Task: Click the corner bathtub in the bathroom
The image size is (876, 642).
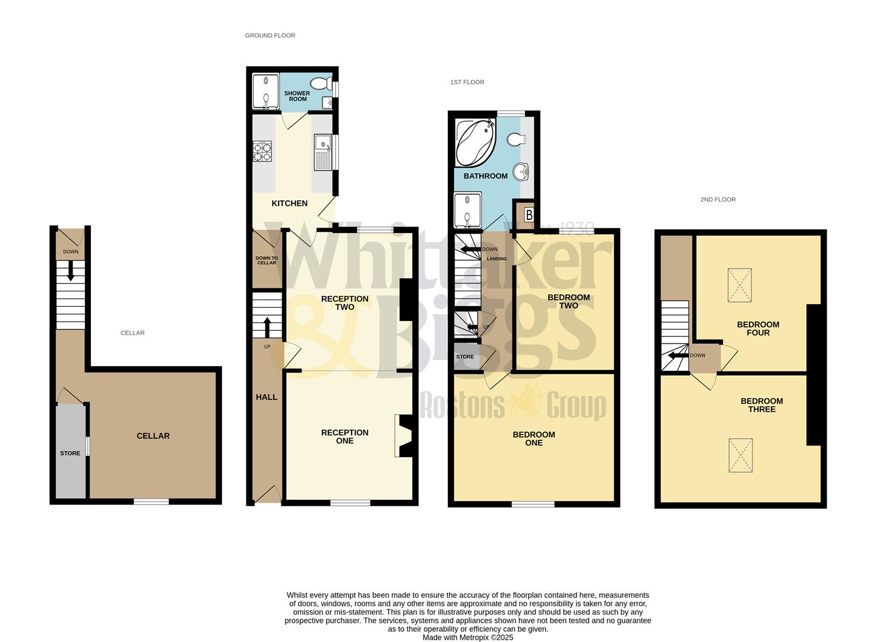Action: tap(475, 143)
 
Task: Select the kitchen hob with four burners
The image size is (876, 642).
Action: tap(262, 151)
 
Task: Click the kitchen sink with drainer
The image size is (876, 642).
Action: tap(323, 152)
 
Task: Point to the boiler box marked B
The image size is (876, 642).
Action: tap(529, 215)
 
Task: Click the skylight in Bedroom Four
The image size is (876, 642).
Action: tap(740, 285)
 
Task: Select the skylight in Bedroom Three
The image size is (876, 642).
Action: tap(741, 455)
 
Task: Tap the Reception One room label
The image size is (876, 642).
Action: tap(344, 436)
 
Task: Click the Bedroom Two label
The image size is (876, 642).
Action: tap(568, 301)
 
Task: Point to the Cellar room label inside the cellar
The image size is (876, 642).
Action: tap(153, 436)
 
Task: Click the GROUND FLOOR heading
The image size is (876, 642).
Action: tap(270, 36)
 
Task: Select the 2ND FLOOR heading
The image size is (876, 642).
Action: tap(717, 200)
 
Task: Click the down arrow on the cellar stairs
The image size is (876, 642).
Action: tap(71, 273)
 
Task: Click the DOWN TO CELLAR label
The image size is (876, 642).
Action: tap(267, 260)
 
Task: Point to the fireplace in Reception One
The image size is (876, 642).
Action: tap(404, 436)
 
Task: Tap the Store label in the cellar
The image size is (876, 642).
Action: tap(70, 453)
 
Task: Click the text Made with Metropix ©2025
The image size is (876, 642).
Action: tap(467, 637)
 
